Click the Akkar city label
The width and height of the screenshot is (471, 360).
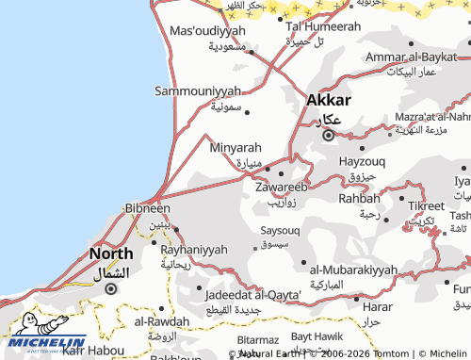pos(329,100)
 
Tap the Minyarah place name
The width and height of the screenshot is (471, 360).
pos(235,148)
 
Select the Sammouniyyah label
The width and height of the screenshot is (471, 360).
pos(198,91)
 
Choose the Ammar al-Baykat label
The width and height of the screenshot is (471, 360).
pos(411,57)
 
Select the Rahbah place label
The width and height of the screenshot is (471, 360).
pos(359,198)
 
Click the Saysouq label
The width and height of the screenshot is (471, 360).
pos(279,230)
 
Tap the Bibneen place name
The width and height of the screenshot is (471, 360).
pos(147,208)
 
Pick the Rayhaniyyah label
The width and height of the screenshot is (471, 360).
pos(195,250)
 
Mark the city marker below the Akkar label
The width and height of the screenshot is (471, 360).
pos(328,136)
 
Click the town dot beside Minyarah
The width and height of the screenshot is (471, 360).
pos(268,170)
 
